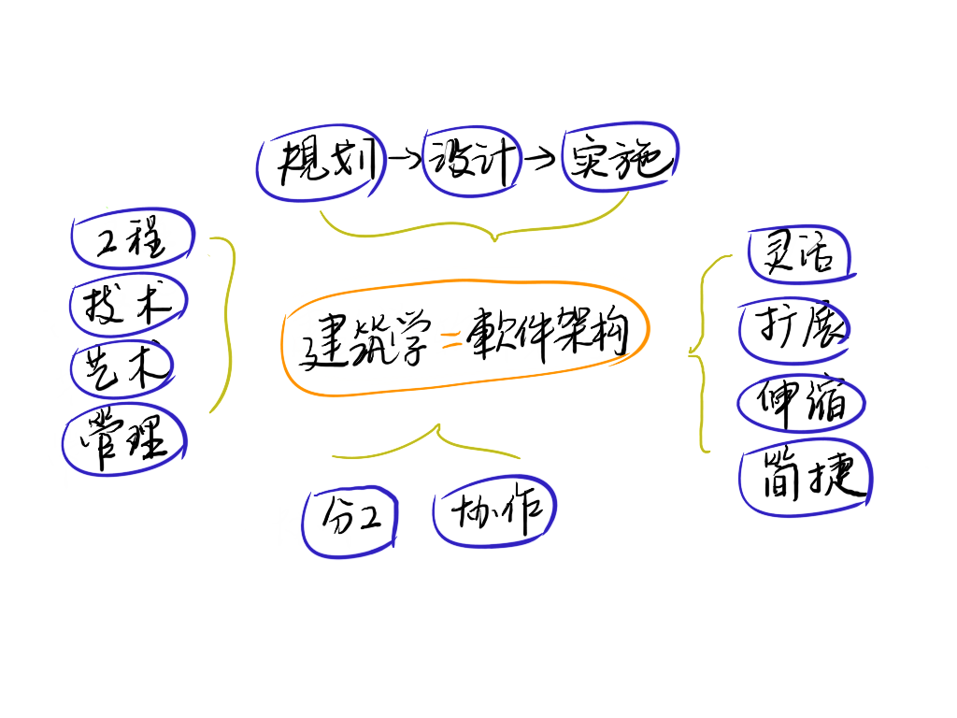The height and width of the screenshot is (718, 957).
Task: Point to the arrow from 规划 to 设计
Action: point(404,162)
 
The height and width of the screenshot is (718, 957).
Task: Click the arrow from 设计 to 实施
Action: point(539,160)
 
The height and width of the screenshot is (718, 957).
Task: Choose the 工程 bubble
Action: point(132,240)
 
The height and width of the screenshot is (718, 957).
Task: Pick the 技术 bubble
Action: point(129,303)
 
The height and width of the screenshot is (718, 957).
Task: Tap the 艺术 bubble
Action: point(123,367)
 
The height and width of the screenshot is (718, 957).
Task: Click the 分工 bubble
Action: point(350,519)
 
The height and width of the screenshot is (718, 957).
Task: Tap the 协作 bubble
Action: point(493,511)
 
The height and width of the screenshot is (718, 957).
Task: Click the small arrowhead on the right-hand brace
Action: point(692,353)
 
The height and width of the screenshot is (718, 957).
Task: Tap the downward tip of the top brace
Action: point(494,238)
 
